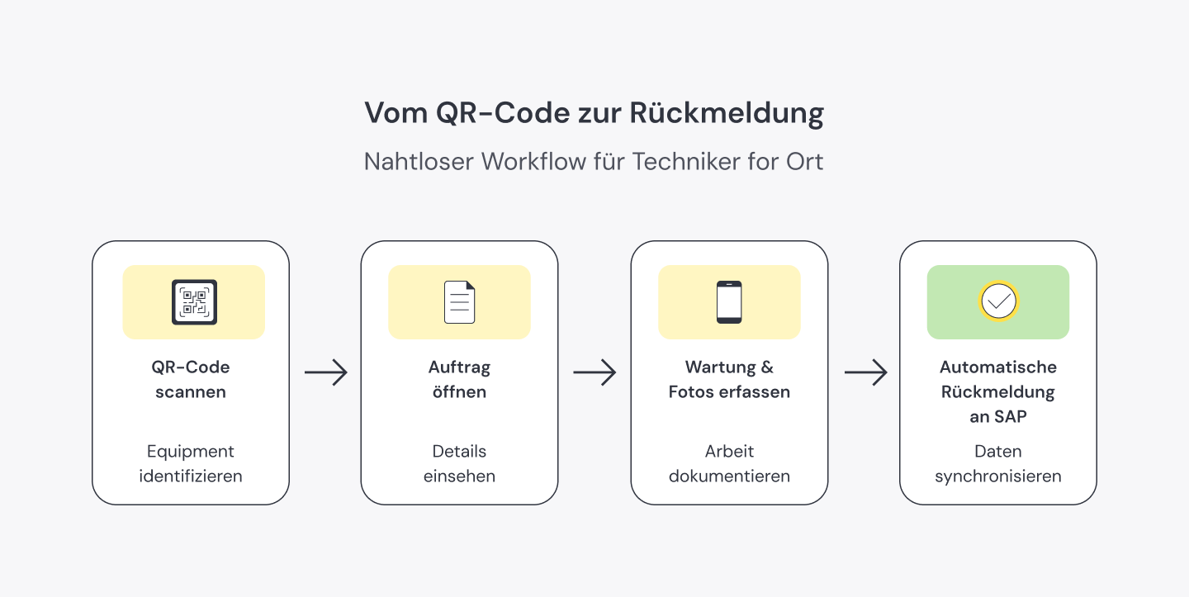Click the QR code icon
point(194,302)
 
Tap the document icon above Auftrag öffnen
point(460,302)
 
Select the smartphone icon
point(729,302)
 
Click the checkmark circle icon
point(998,301)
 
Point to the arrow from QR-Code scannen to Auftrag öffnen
point(325,372)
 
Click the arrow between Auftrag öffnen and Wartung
point(594,372)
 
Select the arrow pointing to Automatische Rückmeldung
point(865,372)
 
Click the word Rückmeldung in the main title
point(727,113)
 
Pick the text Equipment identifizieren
point(191,464)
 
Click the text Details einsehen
point(459,464)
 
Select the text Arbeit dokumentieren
point(729,464)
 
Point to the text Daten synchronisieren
point(997,464)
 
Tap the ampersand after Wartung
point(767,367)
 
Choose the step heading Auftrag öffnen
point(459,380)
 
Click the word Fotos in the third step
point(690,392)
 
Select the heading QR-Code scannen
point(191,380)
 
